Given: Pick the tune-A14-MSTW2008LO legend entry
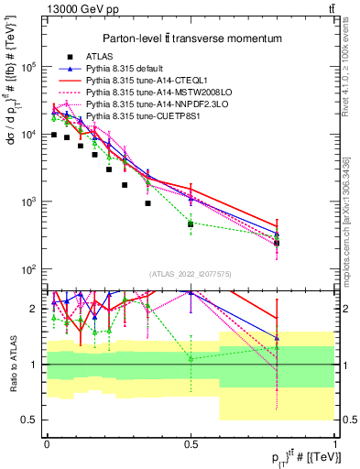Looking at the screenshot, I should pyautogui.click(x=143, y=93).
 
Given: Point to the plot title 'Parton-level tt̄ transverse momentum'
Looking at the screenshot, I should pyautogui.click(x=189, y=36).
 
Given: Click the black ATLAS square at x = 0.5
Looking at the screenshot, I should pyautogui.click(x=191, y=224).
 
